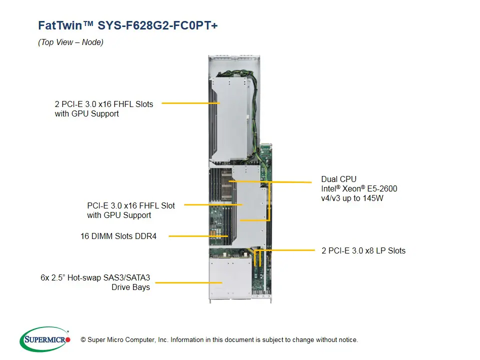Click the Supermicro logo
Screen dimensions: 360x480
[x=45, y=339]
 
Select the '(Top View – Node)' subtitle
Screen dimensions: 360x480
[x=70, y=42]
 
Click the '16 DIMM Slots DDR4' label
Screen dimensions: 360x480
[x=118, y=236]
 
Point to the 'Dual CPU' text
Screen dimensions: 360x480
[x=339, y=179]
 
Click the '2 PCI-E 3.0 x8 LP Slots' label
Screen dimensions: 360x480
[x=363, y=250]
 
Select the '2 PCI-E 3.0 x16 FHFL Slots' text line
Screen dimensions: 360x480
[x=104, y=104]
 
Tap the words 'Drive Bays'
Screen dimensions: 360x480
[x=130, y=287]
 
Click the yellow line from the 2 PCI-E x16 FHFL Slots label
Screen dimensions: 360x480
[x=190, y=103]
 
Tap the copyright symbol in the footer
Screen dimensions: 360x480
[x=83, y=340]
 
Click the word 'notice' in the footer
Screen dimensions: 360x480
[x=347, y=340]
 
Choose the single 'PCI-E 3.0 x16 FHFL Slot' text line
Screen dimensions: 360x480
[x=131, y=205]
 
